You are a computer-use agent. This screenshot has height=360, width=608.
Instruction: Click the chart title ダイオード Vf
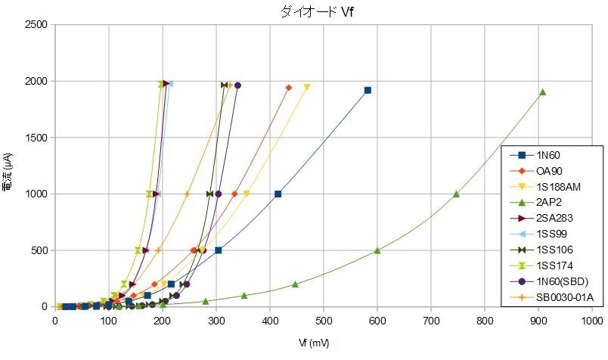click(303, 12)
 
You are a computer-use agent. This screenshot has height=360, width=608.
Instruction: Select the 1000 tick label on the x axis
click(592, 320)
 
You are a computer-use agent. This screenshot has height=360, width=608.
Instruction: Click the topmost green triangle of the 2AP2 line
click(542, 92)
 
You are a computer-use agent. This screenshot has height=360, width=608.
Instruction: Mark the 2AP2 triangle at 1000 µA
click(456, 194)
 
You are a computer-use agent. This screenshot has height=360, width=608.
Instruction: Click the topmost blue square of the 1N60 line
click(368, 90)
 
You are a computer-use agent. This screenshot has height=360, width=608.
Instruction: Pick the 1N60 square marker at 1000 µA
click(278, 194)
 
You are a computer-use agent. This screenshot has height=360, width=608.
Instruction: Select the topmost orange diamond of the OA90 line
click(288, 88)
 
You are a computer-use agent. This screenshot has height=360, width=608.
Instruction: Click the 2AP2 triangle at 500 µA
click(377, 250)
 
